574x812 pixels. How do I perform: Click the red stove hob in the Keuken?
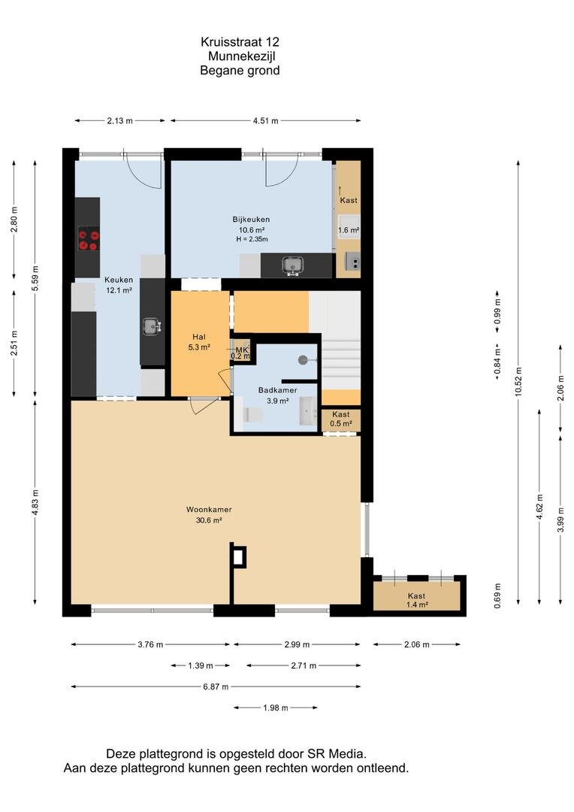point(88,241)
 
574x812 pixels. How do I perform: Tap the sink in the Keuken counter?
point(153,326)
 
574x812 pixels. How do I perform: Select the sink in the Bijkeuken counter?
point(292,265)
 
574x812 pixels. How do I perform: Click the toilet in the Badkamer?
point(252,415)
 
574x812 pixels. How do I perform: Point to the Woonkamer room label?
point(209,510)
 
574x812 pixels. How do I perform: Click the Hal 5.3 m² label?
point(199,342)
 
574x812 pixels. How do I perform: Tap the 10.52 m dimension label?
point(518,382)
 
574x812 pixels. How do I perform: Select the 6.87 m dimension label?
point(216,686)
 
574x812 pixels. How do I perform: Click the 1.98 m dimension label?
point(275,707)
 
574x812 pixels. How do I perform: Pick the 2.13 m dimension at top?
point(120,120)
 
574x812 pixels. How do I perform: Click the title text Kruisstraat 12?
point(240,41)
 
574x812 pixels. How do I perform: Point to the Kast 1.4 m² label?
point(417,600)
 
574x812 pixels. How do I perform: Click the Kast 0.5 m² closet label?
point(341,419)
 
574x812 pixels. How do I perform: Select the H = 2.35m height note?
point(252,239)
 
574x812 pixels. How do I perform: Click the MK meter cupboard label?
point(242,350)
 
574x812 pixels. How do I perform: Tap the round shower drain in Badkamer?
point(303,359)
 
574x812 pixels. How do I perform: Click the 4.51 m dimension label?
point(265,120)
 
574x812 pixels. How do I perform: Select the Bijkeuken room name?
point(251,220)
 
